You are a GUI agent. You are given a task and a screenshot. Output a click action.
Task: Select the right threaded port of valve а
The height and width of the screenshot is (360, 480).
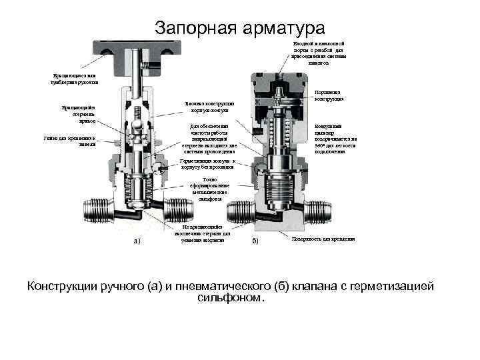(180, 209)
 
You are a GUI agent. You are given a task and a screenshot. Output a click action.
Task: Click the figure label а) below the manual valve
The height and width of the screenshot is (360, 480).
(136, 240)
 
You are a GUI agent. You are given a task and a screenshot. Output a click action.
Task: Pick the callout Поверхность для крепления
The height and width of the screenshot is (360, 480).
(323, 238)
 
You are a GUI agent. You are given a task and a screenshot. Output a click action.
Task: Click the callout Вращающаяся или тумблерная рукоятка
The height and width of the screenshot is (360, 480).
(75, 79)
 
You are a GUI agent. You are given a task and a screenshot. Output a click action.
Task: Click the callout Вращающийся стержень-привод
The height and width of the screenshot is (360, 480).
(79, 113)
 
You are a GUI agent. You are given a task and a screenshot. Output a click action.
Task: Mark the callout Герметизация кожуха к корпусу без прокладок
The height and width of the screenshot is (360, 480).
(208, 165)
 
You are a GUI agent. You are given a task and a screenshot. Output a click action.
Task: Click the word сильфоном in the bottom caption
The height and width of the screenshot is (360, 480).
(231, 298)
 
